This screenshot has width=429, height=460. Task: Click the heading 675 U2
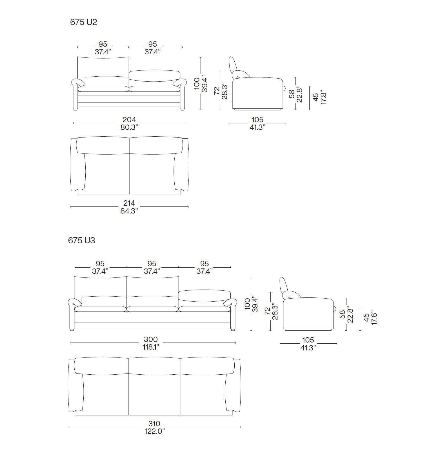(x=83, y=22)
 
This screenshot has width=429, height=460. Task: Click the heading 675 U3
(x=82, y=240)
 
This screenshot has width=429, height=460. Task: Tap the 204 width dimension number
(x=129, y=119)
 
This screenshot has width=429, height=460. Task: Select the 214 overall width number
(x=129, y=203)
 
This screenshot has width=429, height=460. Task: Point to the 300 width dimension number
(x=151, y=339)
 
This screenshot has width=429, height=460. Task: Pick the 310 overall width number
(x=154, y=424)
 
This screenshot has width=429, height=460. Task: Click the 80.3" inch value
(x=130, y=127)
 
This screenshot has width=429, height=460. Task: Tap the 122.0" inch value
(x=155, y=431)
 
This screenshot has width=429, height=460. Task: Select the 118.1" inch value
(x=151, y=347)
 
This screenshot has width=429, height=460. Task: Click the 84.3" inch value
(x=129, y=211)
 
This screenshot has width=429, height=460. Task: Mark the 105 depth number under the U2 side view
(x=257, y=120)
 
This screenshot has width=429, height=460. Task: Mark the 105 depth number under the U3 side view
(x=308, y=340)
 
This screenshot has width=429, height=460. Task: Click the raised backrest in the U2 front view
(x=103, y=67)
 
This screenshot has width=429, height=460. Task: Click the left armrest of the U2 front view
(x=78, y=83)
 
